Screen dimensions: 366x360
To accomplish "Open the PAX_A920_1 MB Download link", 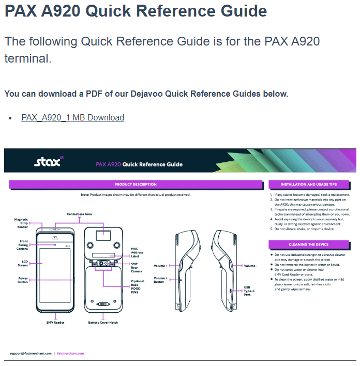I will [x=72, y=117].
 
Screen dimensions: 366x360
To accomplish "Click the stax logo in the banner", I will [x=48, y=162].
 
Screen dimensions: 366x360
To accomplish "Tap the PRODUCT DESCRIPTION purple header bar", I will [x=136, y=184].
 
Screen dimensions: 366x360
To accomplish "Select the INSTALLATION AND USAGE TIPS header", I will [x=308, y=184].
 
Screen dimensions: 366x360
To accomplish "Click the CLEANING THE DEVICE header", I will [x=308, y=244].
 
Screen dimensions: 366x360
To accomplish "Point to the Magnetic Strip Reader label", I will [x=21, y=223].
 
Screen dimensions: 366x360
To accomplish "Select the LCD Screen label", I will [x=22, y=264].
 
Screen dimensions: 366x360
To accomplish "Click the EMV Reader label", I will [x=55, y=322].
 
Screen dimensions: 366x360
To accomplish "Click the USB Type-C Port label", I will [x=249, y=291].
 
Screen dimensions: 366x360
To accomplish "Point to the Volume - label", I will [x=250, y=266].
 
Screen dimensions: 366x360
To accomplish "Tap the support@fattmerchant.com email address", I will [x=31, y=353].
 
